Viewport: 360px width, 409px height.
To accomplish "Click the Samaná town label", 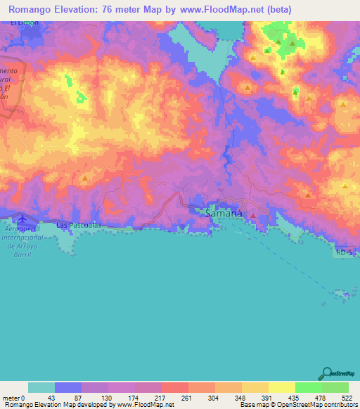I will (x=224, y=212).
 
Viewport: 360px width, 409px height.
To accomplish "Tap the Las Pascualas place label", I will (x=79, y=226).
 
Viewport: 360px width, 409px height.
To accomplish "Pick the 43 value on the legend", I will (x=54, y=398).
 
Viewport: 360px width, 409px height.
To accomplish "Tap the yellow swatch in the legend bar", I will (x=281, y=387).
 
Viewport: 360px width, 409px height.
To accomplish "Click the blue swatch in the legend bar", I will (x=68, y=387).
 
